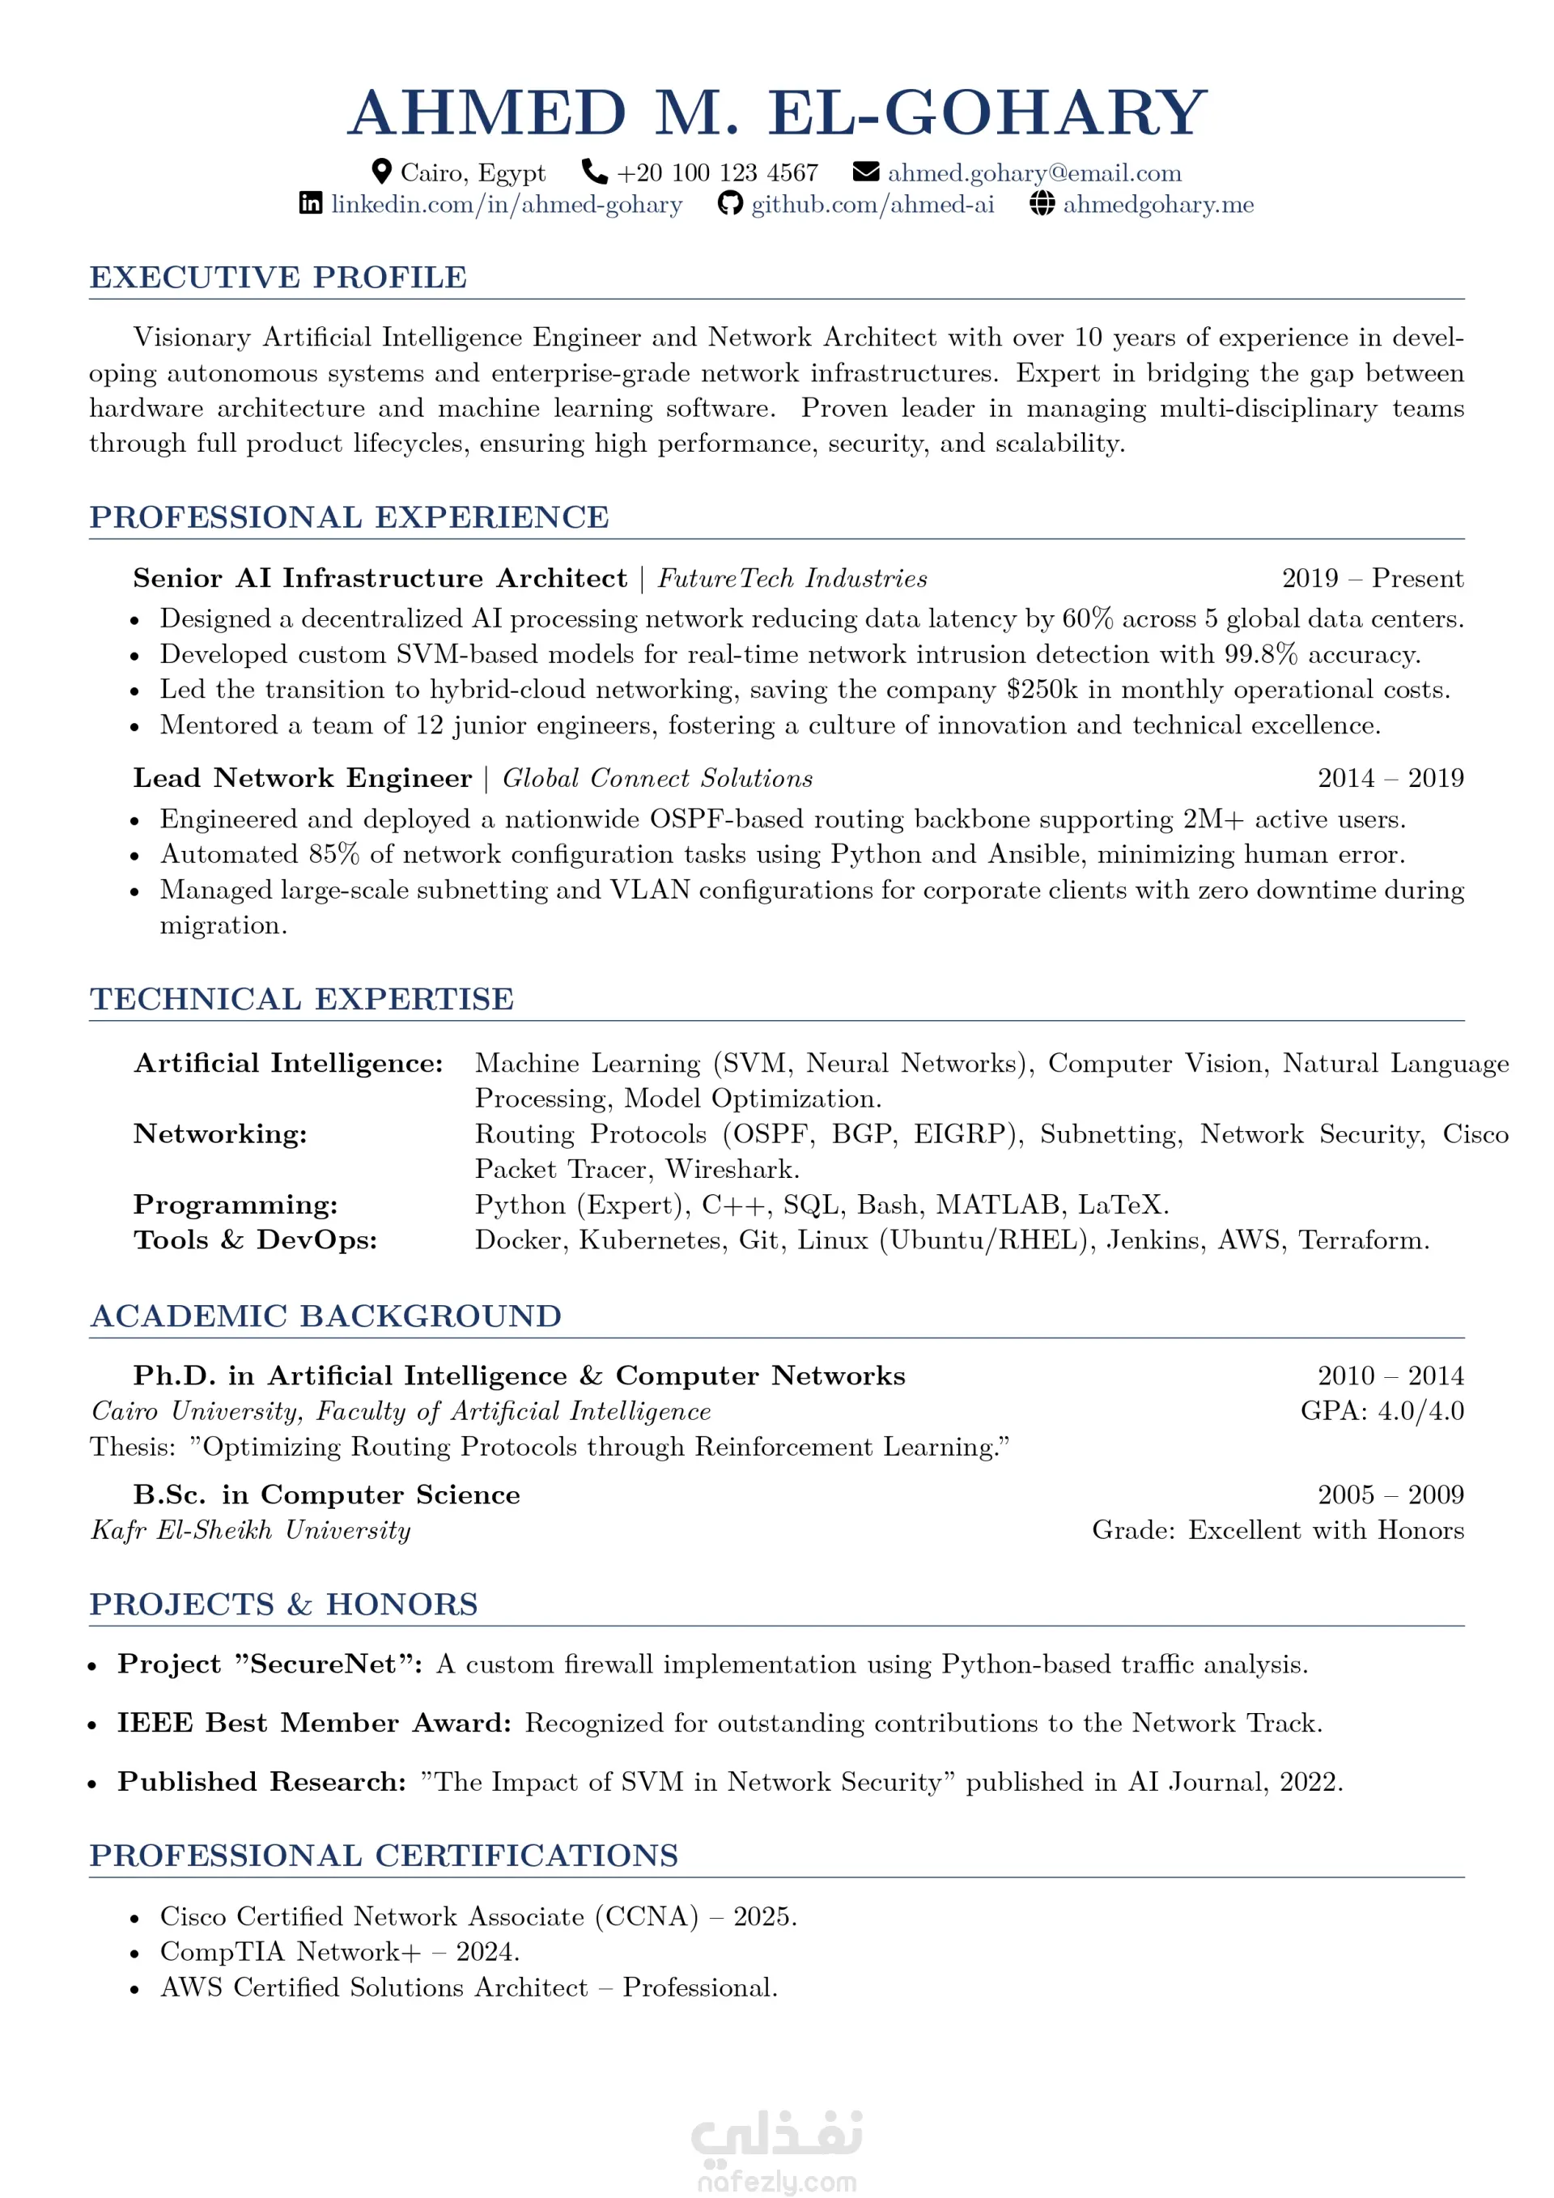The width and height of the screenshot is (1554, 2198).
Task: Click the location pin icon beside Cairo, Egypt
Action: pyautogui.click(x=381, y=172)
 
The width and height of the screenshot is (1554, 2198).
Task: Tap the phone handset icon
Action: pyautogui.click(x=594, y=172)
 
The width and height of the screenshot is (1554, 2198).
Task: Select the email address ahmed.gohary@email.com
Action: pyautogui.click(x=1034, y=173)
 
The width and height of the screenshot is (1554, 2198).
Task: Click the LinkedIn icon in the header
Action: pyautogui.click(x=311, y=203)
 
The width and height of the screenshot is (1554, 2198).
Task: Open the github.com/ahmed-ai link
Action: pyautogui.click(x=872, y=205)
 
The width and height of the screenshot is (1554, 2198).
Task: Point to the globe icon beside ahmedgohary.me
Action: pyautogui.click(x=1042, y=203)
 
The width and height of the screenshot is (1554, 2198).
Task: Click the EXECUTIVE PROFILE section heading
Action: pyautogui.click(x=278, y=278)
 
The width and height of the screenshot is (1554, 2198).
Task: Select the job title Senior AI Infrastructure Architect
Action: pyautogui.click(x=380, y=578)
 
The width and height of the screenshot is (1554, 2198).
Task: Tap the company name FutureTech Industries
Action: pyautogui.click(x=792, y=579)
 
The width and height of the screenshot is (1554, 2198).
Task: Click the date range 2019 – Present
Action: pyautogui.click(x=1371, y=578)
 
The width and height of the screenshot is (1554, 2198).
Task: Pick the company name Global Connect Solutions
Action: pyautogui.click(x=657, y=778)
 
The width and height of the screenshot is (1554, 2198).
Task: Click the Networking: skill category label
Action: pyautogui.click(x=220, y=1134)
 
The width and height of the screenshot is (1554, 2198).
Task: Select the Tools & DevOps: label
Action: pyautogui.click(x=256, y=1241)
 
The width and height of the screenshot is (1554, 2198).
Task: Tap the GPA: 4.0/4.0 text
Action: pyautogui.click(x=1381, y=1411)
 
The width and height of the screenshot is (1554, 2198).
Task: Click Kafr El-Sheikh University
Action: pyautogui.click(x=251, y=1531)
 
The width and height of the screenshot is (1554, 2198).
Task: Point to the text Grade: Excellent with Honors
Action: pyautogui.click(x=1276, y=1531)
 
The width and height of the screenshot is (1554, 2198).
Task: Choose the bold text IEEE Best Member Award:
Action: pyautogui.click(x=315, y=1723)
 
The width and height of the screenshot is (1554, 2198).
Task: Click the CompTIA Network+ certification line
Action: pyautogui.click(x=340, y=1952)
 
